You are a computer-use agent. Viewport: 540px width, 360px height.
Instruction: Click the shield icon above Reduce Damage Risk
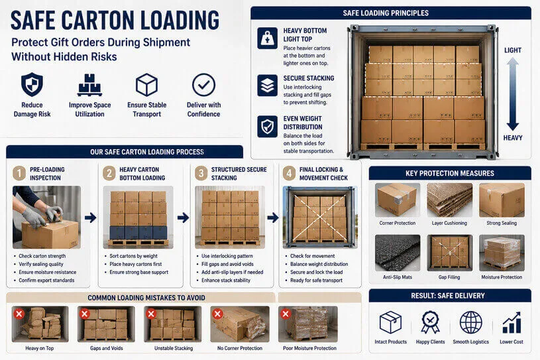pos(32,85)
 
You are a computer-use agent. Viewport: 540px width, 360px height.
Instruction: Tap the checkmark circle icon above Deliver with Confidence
pos(203,85)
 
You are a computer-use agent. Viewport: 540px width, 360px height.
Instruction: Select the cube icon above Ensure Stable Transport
pos(146,85)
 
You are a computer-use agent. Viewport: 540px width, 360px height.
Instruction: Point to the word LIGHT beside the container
pos(513,50)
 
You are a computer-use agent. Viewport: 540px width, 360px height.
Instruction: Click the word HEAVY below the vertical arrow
pos(513,138)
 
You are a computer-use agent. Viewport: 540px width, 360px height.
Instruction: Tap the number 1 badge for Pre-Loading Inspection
pos(19,173)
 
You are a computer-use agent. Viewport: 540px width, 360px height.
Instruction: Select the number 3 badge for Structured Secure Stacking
pos(199,173)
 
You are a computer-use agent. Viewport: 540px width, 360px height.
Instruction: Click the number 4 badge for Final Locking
pos(289,173)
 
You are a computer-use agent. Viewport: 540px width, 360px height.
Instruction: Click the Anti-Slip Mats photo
pos(398,252)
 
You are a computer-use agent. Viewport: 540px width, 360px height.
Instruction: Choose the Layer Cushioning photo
pos(450,200)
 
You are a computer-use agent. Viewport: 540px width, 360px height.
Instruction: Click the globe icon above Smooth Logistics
pos(471,322)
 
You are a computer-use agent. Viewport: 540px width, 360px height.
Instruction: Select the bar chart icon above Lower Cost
pos(511,323)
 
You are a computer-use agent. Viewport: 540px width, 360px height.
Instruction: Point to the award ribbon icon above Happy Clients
pos(431,322)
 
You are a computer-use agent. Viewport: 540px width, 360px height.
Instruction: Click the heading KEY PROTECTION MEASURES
pos(450,174)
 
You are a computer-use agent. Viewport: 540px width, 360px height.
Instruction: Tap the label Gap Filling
pos(450,276)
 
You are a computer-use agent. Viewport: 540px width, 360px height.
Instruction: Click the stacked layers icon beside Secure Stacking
pos(267,86)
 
